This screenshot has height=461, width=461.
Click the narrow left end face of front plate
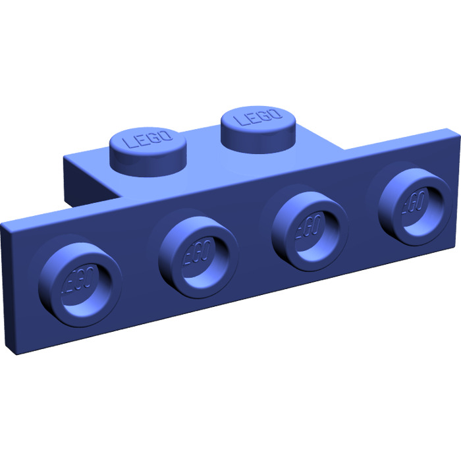coord(8,290)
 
